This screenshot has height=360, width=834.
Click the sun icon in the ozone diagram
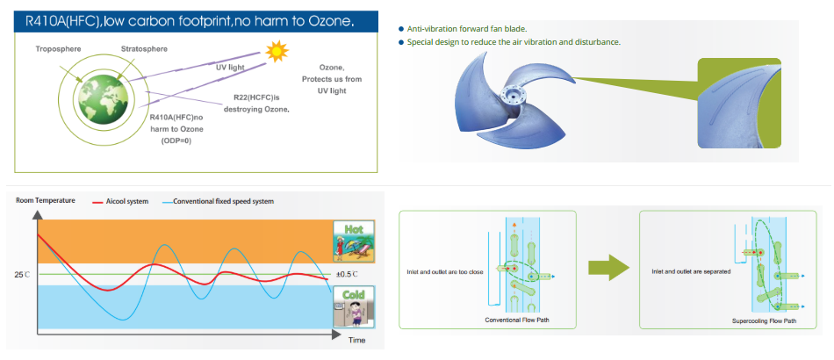(x=277, y=51)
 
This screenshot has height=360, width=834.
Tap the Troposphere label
(x=59, y=49)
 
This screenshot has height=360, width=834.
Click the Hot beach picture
(x=354, y=241)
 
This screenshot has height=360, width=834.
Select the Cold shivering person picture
(x=354, y=306)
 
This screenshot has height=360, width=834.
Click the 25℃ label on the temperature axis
(x=22, y=275)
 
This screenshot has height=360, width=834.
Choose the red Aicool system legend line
(x=97, y=202)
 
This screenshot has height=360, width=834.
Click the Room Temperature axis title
(x=46, y=200)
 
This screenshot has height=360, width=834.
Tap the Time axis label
(x=357, y=341)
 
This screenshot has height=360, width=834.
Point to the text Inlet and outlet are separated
(x=691, y=271)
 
